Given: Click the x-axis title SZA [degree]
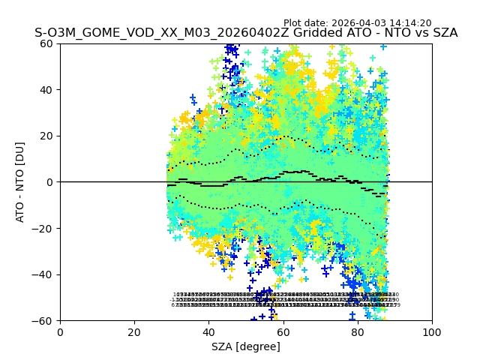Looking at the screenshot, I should tap(246, 346).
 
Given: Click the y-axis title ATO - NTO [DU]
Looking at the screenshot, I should tap(21, 182).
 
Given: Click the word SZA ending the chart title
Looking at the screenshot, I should tap(442, 33).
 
